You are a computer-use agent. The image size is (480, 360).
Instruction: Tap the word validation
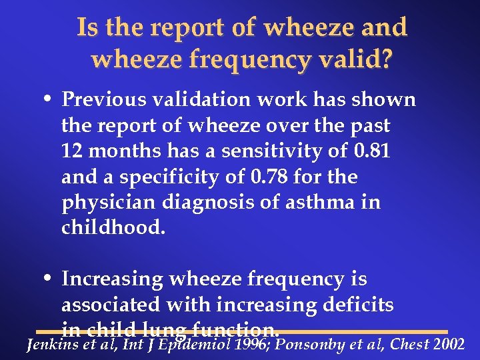[201, 101]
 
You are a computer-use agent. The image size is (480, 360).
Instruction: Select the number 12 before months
[71, 152]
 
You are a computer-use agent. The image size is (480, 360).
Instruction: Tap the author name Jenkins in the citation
[49, 345]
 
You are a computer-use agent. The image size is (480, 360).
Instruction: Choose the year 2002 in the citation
[449, 345]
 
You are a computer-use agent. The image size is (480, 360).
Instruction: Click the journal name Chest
[409, 345]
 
